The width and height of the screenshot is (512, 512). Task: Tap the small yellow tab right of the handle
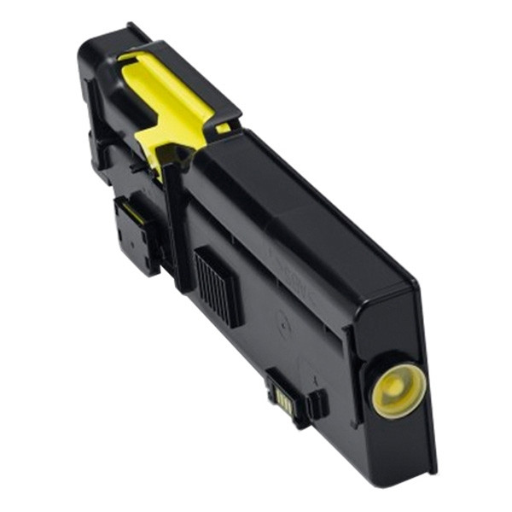pos(224,128)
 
